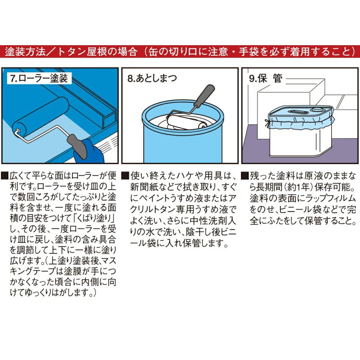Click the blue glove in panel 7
click(x=92, y=154)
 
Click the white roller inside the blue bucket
click(x=188, y=122)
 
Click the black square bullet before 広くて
click(x=4, y=175)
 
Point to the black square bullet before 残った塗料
click(x=245, y=175)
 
